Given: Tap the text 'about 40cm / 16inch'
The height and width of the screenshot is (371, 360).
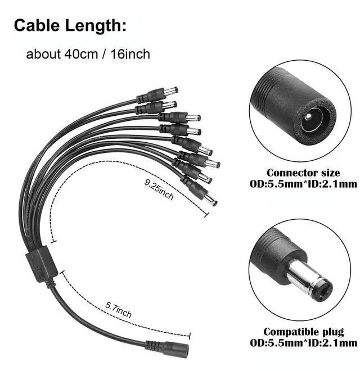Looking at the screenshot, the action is [x=88, y=55].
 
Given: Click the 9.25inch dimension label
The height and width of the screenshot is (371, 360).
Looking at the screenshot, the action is [x=159, y=190].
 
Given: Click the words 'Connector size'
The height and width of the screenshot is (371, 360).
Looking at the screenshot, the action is [x=303, y=173].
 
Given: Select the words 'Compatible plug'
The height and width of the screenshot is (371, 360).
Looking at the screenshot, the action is [x=303, y=332].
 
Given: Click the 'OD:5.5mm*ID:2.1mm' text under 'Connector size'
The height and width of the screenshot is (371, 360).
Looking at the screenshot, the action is [x=303, y=184].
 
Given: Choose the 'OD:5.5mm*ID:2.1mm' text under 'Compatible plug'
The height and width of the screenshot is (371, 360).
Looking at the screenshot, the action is [x=303, y=343].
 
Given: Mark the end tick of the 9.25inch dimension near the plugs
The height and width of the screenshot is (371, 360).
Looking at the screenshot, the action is [x=206, y=214].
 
